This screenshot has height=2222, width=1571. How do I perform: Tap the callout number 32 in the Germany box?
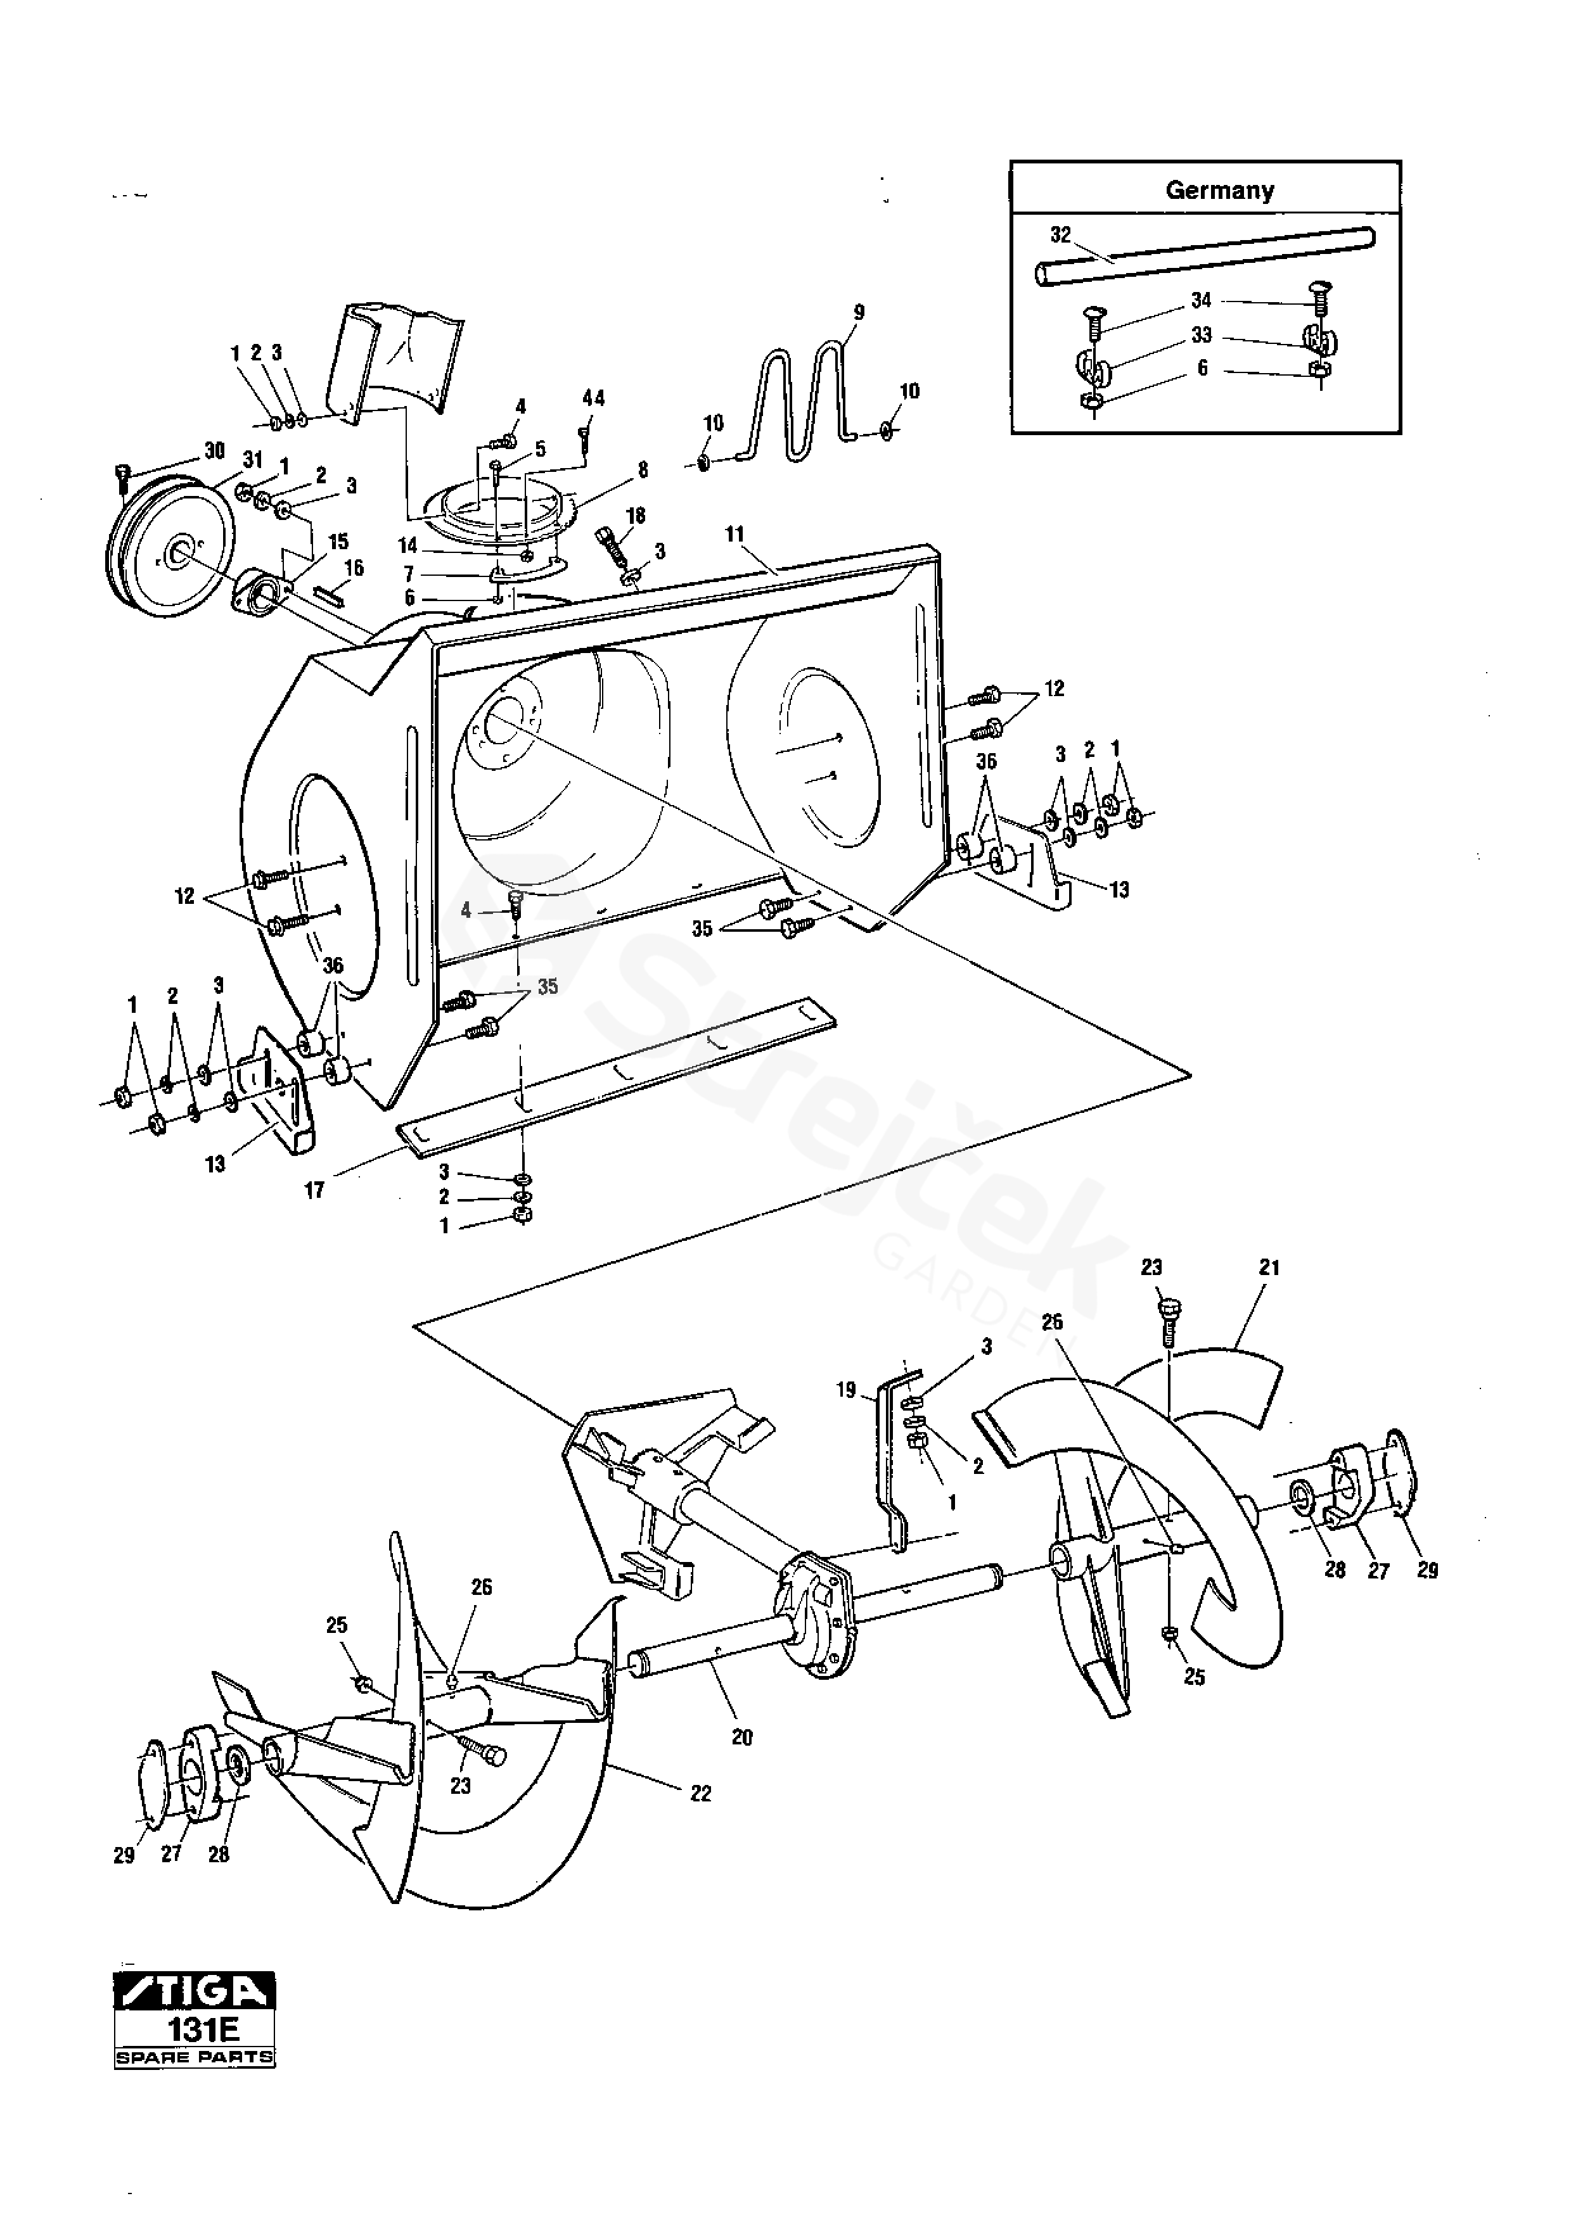[x=1061, y=235]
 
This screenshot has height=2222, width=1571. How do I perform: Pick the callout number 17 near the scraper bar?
[x=314, y=1190]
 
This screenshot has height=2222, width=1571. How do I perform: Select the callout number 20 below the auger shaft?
[x=741, y=1737]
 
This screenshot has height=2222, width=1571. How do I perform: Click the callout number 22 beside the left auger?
[x=701, y=1793]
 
